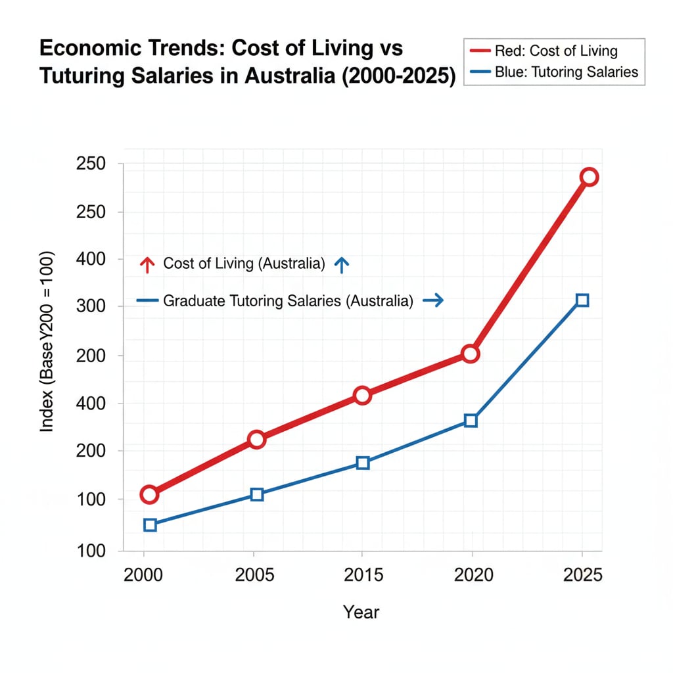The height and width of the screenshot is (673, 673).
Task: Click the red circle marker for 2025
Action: pos(589,177)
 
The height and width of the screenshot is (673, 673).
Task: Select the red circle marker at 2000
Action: pos(149,494)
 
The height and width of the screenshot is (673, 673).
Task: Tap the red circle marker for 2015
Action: pos(362,395)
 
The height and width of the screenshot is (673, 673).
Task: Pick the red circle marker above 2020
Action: pos(470,354)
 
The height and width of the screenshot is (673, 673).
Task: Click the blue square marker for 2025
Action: pos(582,300)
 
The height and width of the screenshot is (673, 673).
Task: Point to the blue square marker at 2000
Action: pos(150,524)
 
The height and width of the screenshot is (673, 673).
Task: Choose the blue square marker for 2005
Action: pos(257,494)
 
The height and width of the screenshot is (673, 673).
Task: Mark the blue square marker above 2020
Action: pos(471,421)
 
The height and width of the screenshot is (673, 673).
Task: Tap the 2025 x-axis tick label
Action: pos(582,576)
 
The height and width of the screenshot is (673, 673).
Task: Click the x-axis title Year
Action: pos(361,613)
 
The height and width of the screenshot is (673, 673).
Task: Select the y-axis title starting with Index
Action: pos(47,342)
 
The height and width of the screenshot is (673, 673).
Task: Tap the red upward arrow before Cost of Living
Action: pos(147,265)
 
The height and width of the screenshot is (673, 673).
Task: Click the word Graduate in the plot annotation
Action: pos(194,301)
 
